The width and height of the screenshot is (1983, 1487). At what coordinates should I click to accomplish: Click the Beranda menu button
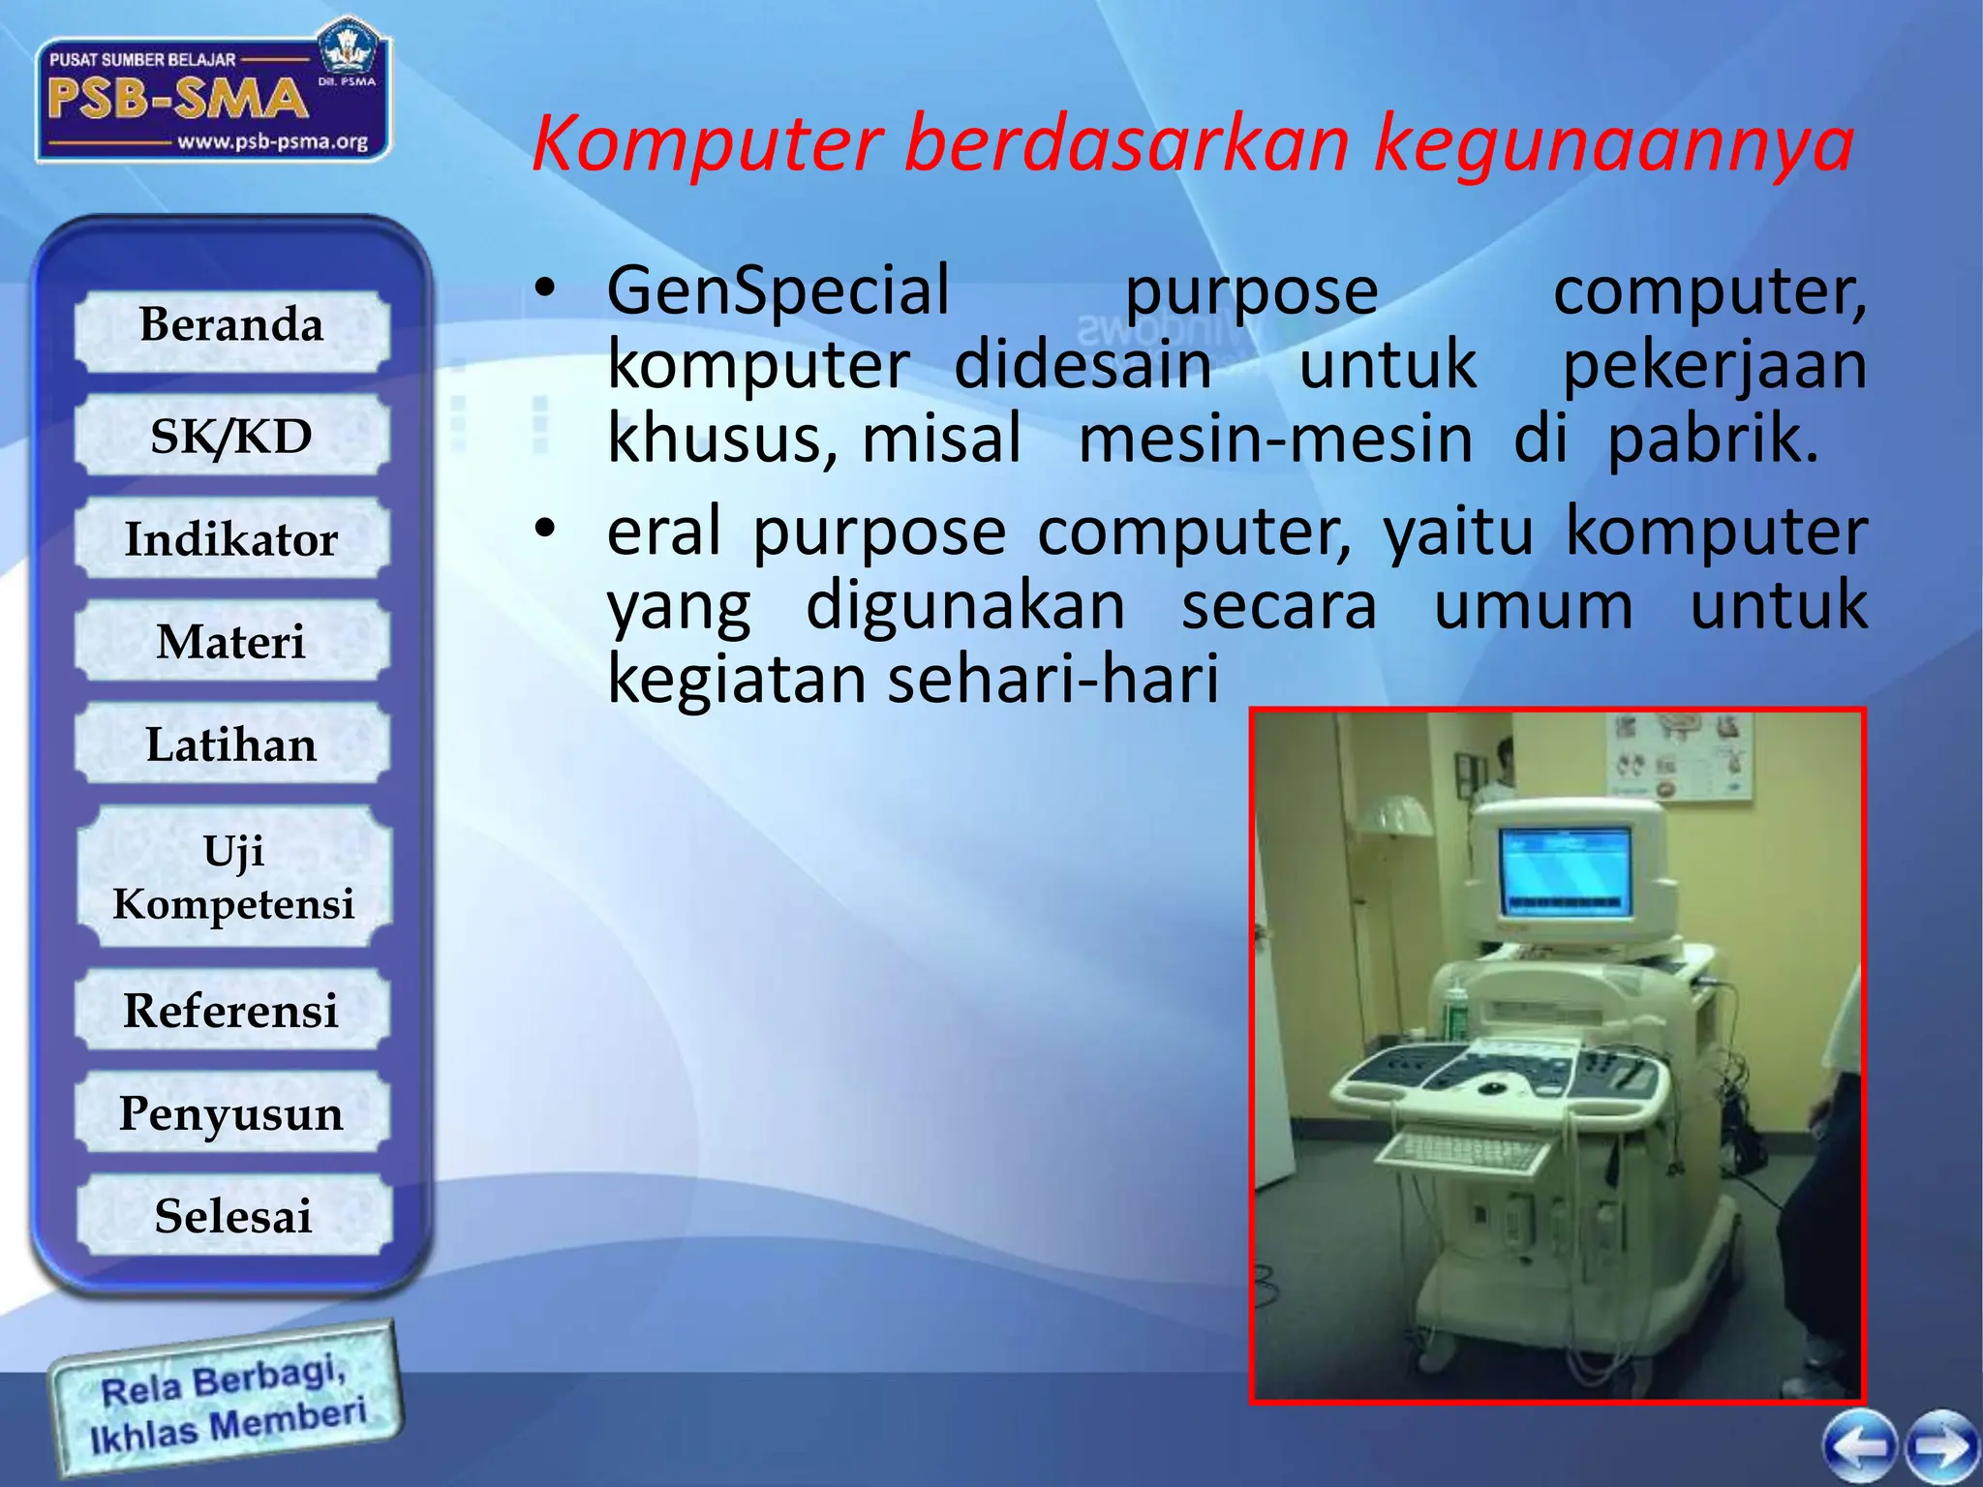pos(231,326)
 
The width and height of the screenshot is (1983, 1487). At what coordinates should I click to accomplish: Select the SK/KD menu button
pos(231,437)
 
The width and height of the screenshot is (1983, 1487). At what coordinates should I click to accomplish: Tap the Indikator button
pos(231,540)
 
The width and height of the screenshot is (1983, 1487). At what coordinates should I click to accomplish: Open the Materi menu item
pos(231,643)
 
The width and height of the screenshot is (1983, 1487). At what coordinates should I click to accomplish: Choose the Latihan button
pos(231,745)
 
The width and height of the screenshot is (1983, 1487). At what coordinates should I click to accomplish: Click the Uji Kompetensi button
pos(233,877)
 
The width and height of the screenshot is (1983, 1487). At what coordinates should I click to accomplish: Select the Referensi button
pos(231,1012)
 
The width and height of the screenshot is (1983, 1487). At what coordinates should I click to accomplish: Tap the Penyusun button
pos(231,1114)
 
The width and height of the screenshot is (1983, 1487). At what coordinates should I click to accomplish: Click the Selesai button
pos(233,1217)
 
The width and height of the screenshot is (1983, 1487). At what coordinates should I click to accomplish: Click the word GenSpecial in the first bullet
pos(778,290)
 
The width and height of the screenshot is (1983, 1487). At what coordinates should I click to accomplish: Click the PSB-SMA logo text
pos(176,99)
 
